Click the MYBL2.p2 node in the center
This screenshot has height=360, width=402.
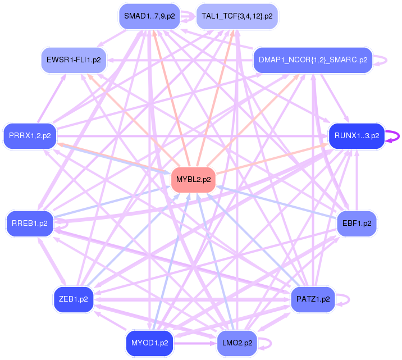click(x=194, y=180)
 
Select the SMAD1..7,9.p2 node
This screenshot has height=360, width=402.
click(x=149, y=16)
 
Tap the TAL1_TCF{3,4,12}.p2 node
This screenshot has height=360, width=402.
click(x=237, y=16)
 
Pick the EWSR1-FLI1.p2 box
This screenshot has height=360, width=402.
click(x=74, y=60)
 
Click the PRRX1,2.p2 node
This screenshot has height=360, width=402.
click(x=30, y=135)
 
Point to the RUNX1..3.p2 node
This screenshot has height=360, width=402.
click(x=357, y=135)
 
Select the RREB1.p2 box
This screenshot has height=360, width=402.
click(x=30, y=223)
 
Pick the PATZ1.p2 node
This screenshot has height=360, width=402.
click(x=313, y=299)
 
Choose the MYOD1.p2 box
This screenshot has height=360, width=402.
click(x=149, y=343)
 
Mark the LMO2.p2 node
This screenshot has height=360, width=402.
click(x=237, y=343)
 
